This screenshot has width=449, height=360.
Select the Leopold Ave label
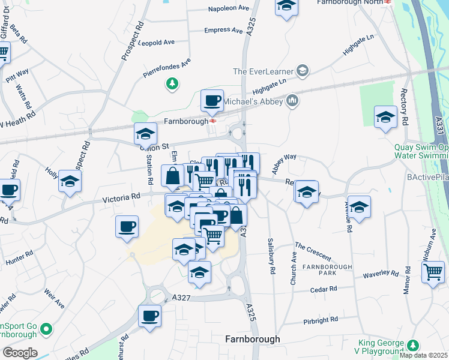(x=156, y=43)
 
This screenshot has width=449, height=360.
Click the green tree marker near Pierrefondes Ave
(x=172, y=83)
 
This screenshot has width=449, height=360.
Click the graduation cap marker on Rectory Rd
(x=385, y=116)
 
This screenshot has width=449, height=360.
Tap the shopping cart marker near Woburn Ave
(x=433, y=271)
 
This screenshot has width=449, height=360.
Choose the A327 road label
(x=181, y=297)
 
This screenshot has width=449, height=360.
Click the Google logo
(x=20, y=353)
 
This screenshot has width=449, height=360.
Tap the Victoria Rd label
(x=121, y=196)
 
